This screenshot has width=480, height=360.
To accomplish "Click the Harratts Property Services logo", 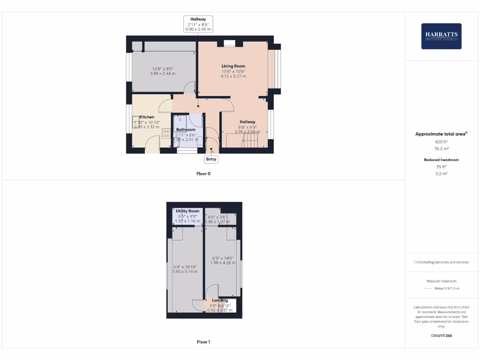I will click(441, 36).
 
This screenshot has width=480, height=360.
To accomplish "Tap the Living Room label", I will click(233, 66).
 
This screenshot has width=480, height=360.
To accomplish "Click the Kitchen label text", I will click(147, 117).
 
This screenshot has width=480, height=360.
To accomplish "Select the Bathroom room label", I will click(186, 129).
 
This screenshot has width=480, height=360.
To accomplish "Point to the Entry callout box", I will click(211, 159).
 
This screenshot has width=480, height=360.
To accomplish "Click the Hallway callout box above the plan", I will click(198, 24).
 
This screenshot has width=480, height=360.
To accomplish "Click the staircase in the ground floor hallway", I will click(237, 140).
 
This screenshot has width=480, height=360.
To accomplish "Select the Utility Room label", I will click(187, 211).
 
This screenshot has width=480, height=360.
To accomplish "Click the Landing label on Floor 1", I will click(220, 300).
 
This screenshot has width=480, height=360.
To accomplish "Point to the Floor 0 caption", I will click(203, 173).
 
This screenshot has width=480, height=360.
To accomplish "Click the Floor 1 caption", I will click(203, 342).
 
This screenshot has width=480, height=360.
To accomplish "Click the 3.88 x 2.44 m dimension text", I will click(163, 74).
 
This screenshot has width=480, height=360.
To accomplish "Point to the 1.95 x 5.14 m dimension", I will click(185, 271).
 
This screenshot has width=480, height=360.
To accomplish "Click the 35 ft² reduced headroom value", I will click(442, 166).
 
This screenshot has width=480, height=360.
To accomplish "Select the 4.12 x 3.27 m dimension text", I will click(233, 76).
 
